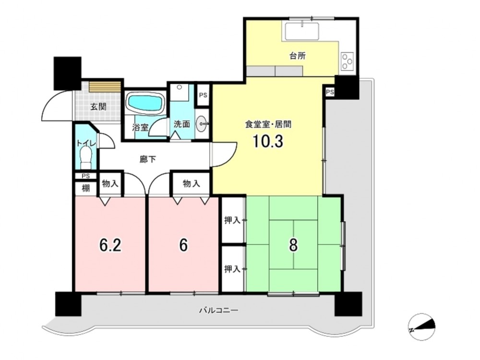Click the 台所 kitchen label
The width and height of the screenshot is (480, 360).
pyautogui.click(x=298, y=56)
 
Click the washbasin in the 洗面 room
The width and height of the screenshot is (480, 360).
pyautogui.click(x=201, y=124)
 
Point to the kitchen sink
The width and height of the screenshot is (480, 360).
pyautogui.click(x=302, y=31)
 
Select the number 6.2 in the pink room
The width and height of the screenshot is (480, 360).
pyautogui.click(x=110, y=245)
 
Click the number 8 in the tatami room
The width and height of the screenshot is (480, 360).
pyautogui.click(x=293, y=245)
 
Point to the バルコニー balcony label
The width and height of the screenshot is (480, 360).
pyautogui.click(x=218, y=311)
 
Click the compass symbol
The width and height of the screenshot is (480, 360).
pyautogui.click(x=422, y=327)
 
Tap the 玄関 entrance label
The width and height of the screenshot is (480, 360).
pyautogui.click(x=98, y=107)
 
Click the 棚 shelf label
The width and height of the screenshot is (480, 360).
pyautogui.click(x=86, y=188)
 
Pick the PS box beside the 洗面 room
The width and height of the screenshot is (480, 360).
pyautogui.click(x=203, y=95)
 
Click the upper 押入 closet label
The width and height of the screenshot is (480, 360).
pyautogui.click(x=232, y=220)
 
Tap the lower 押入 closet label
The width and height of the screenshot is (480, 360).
pyautogui.click(x=232, y=269)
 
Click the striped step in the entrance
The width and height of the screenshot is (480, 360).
pyautogui.click(x=104, y=86)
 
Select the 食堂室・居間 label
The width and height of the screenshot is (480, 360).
pyautogui.click(x=268, y=124)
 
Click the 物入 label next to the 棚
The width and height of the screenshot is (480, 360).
pyautogui.click(x=110, y=184)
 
